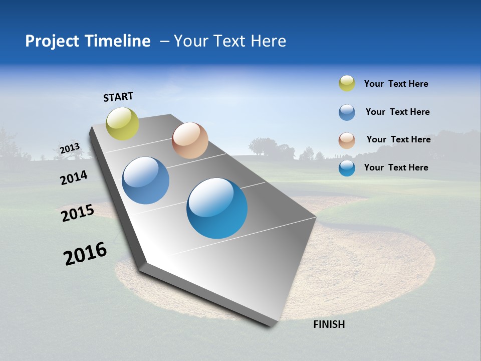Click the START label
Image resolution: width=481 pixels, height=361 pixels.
click(118, 97)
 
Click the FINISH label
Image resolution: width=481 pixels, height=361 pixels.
click(329, 324)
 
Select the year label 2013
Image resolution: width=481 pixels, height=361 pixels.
click(70, 148)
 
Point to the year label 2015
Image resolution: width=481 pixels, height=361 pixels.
click(77, 213)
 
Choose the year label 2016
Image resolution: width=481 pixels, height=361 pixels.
click(85, 254)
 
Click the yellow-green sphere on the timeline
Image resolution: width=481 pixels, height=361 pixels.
click(122, 124)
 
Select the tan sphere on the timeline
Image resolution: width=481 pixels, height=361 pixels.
click(190, 140)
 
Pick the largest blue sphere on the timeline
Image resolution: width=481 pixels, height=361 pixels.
click(217, 208)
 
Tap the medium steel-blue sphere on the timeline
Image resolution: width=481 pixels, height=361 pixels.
click(145, 180)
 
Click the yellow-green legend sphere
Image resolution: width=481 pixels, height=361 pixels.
click(347, 83)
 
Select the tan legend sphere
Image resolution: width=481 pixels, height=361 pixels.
click(347, 140)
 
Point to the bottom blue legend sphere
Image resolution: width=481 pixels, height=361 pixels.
click(347, 168)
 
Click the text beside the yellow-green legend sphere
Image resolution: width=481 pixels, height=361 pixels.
click(396, 84)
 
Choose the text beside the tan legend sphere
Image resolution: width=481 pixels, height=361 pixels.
click(398, 139)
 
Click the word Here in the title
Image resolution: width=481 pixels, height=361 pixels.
click(268, 41)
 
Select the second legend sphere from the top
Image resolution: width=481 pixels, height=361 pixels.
click(347, 112)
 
